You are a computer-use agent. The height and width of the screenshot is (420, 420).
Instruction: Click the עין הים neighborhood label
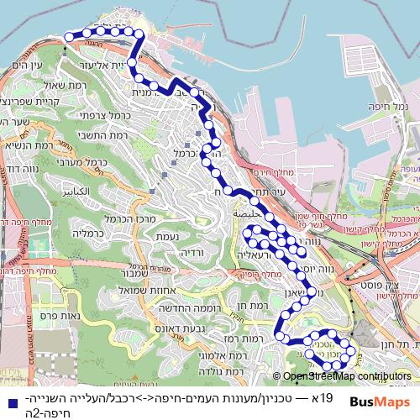coord(29,65)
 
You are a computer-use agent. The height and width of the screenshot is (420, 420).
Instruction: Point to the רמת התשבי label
coord(129,135)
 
